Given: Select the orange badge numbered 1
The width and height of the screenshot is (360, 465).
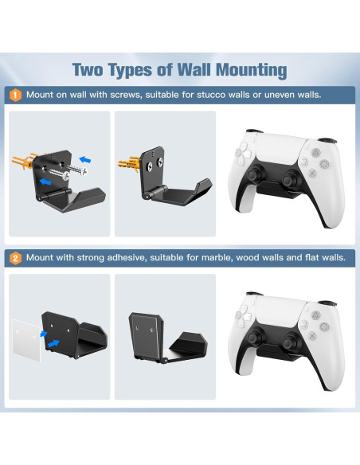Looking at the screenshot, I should click(15, 95).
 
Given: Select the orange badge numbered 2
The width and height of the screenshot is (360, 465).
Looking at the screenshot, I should click(15, 258).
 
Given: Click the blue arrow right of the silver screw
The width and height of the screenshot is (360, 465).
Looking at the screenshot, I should click(95, 162).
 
